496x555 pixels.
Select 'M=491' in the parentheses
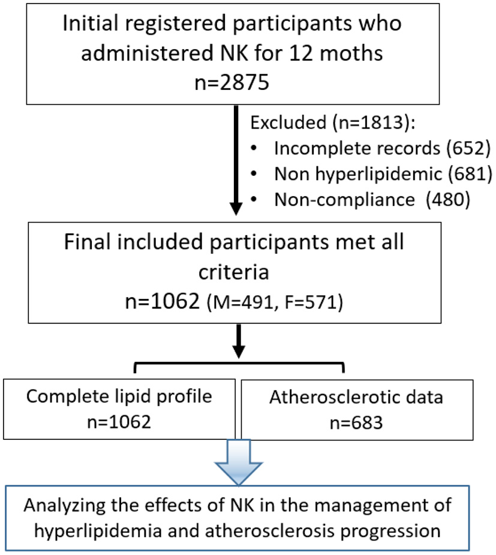tap(246, 304)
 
